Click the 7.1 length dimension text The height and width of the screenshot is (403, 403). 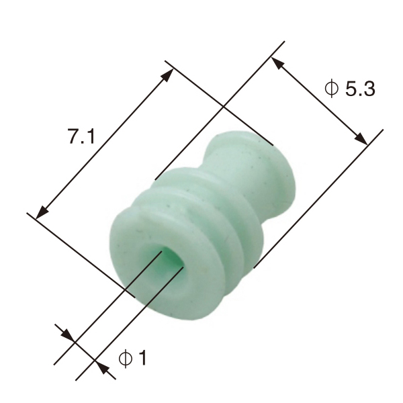[81, 136]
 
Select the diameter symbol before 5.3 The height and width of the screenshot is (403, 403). [330, 89]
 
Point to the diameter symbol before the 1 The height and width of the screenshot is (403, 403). [124, 359]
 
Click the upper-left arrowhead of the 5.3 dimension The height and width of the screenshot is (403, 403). [277, 62]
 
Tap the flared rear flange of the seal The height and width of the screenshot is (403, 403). [269, 175]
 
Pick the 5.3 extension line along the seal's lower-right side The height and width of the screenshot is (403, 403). [316, 201]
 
